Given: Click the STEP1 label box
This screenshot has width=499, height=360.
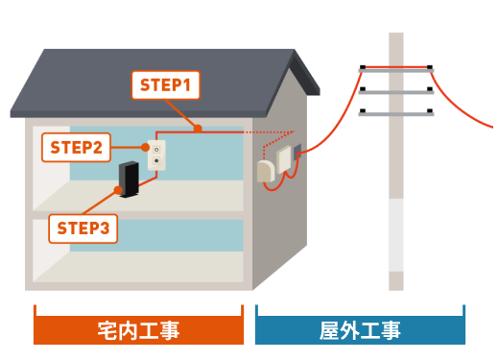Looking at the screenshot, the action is (x=166, y=85).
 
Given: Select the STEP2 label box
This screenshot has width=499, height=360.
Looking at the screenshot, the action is (x=76, y=147).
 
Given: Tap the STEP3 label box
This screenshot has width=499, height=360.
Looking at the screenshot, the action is (x=83, y=228).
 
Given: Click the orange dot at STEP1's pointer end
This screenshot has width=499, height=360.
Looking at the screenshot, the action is (x=198, y=129).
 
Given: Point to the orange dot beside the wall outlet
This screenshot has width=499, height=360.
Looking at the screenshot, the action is (x=145, y=147).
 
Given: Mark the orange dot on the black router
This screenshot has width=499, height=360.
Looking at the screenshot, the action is (x=118, y=190).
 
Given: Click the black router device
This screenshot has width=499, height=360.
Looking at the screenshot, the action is (x=129, y=180).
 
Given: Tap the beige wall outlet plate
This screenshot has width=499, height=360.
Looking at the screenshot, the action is (x=156, y=156).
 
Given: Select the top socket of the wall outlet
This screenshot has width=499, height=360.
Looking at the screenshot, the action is (x=156, y=150).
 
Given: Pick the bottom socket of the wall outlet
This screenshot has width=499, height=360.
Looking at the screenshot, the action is (x=156, y=160).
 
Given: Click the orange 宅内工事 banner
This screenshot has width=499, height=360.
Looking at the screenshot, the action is (x=138, y=330).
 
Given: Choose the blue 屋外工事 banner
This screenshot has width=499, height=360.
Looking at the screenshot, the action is (x=360, y=330).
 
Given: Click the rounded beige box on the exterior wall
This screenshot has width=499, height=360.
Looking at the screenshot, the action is (x=266, y=172).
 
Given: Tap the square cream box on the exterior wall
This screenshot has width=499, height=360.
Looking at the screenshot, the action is (x=284, y=159).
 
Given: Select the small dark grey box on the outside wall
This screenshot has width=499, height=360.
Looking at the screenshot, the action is (x=297, y=152).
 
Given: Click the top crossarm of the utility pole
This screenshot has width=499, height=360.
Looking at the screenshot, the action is (x=396, y=70).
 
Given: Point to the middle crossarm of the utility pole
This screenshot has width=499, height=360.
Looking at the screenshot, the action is (x=396, y=92).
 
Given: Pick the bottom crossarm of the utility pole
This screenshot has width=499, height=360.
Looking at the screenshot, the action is (x=396, y=114).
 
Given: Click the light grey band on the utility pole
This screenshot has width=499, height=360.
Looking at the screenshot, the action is (x=396, y=235).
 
